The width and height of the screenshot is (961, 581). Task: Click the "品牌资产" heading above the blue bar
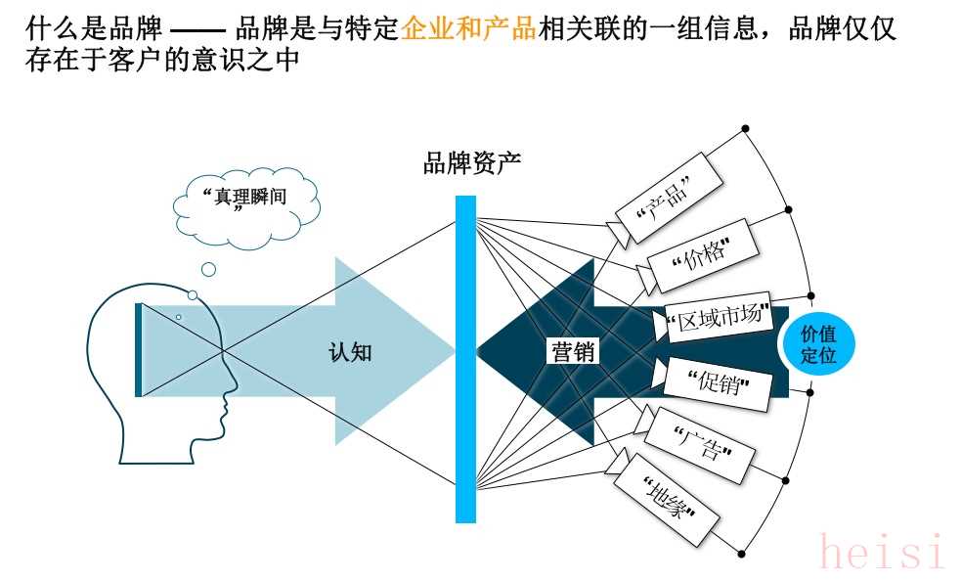point(472,163)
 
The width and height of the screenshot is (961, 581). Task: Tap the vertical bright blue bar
point(465,359)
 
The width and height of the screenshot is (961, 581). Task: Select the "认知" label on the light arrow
point(350,352)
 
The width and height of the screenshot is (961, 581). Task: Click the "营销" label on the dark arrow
point(573,352)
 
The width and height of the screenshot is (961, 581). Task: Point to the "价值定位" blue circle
point(817,344)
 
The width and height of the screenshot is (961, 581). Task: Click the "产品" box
point(668,198)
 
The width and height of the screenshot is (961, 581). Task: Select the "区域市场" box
point(719,317)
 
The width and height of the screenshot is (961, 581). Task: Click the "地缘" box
point(666,500)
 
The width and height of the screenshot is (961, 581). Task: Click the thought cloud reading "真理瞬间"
point(246,207)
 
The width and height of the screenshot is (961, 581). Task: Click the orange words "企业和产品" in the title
point(469,28)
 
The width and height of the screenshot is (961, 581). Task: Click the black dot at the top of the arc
point(745,129)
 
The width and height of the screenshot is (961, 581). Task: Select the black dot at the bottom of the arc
point(742,554)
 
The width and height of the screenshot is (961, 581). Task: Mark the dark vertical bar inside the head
point(139,350)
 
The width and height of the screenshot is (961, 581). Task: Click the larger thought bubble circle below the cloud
point(209,269)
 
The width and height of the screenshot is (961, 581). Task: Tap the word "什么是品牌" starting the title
point(94,28)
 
